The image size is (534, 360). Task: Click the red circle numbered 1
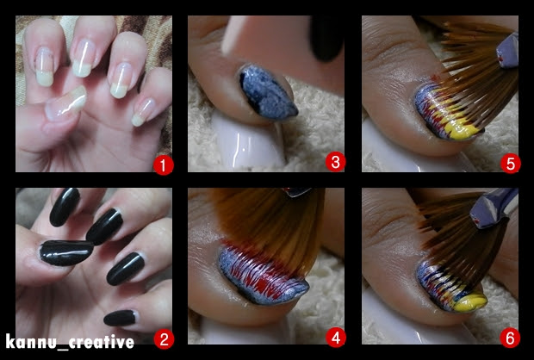[x=164, y=165]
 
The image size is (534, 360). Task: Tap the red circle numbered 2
[x=164, y=339]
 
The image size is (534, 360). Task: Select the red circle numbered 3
[x=335, y=162]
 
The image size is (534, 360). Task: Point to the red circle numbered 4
[x=336, y=338]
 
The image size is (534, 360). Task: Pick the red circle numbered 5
[x=510, y=164]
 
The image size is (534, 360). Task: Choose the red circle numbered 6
[x=510, y=338]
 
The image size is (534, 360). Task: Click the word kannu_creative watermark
[x=70, y=342]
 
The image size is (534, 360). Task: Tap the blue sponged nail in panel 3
[x=267, y=92]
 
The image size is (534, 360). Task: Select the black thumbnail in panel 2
[x=66, y=252]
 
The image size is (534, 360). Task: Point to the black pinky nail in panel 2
[x=120, y=318]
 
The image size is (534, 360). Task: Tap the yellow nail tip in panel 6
[x=470, y=301]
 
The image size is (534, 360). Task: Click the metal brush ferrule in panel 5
[x=507, y=51]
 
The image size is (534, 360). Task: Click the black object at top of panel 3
[x=326, y=38]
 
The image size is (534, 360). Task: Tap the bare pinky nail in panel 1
[x=144, y=112]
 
